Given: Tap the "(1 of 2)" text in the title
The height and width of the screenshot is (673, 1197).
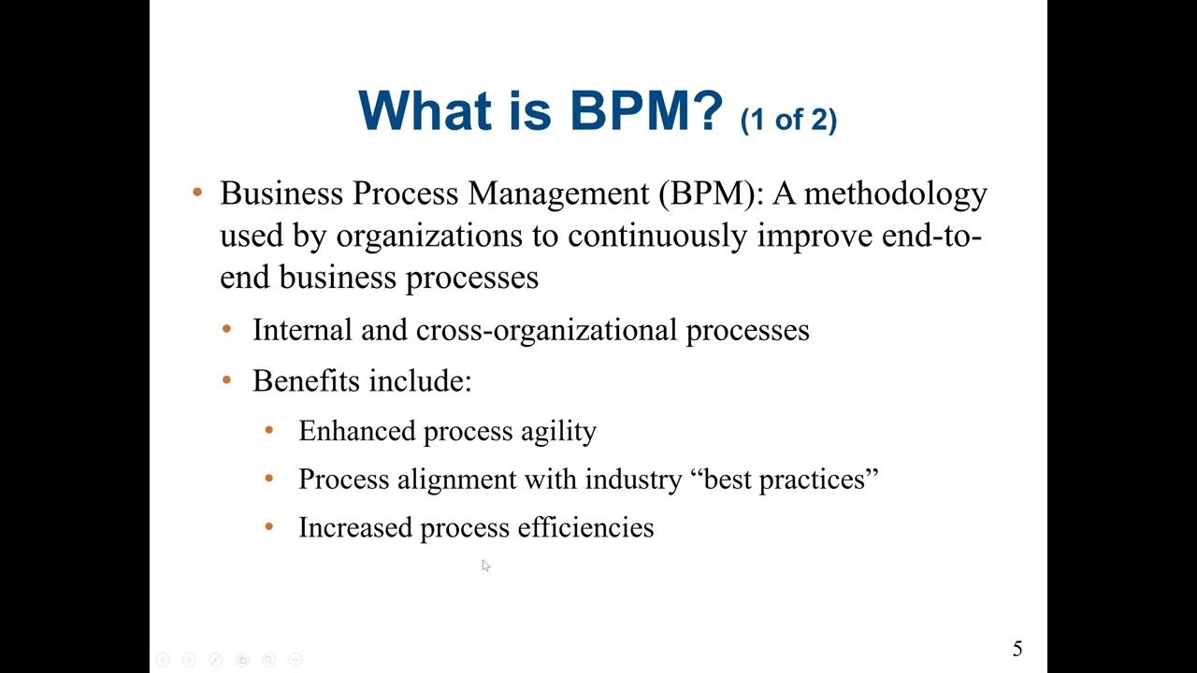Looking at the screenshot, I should pyautogui.click(x=788, y=120).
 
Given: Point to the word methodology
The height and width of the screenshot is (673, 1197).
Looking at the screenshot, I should pyautogui.click(x=896, y=193).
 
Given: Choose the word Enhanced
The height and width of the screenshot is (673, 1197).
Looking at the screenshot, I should pyautogui.click(x=356, y=431).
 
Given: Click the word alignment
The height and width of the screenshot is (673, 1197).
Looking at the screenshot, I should pyautogui.click(x=456, y=480).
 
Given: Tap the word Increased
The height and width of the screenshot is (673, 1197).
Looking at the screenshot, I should pyautogui.click(x=355, y=527).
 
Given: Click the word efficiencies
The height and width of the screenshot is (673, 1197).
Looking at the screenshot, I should pyautogui.click(x=597, y=527).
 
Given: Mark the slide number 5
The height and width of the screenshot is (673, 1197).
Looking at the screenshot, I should pyautogui.click(x=1017, y=649).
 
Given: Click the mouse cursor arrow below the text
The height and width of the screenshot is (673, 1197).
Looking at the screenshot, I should pyautogui.click(x=485, y=565).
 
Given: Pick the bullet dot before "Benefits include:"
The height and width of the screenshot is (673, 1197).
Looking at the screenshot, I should pyautogui.click(x=227, y=380).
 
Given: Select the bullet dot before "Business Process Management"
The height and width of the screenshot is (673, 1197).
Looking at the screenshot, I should pyautogui.click(x=197, y=193).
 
